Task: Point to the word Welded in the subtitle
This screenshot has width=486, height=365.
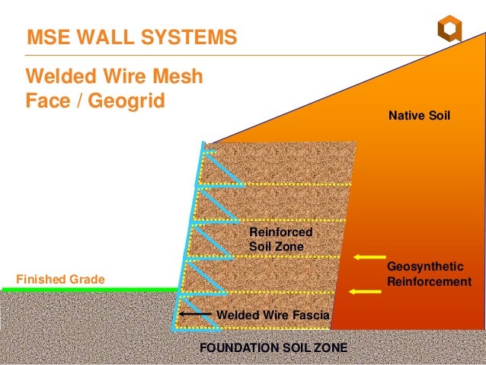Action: pyautogui.click(x=59, y=77)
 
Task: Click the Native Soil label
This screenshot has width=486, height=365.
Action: pyautogui.click(x=420, y=117)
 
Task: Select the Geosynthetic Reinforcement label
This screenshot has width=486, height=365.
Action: pyautogui.click(x=429, y=274)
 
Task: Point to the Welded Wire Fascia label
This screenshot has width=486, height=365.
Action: pyautogui.click(x=273, y=314)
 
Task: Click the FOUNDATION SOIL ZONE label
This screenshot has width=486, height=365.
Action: pyautogui.click(x=273, y=347)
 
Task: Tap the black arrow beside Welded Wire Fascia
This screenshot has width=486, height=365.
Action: pyautogui.click(x=195, y=314)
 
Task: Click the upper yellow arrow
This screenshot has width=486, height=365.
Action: pyautogui.click(x=366, y=257)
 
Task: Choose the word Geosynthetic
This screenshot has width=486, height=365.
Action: pyautogui.click(x=425, y=267)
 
